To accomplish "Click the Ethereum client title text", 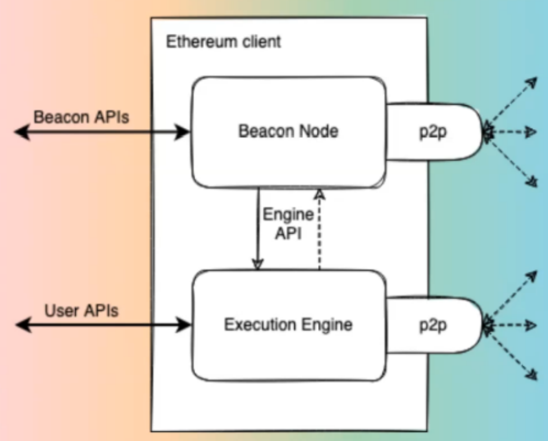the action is (223, 42).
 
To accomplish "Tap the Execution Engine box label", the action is (288, 325).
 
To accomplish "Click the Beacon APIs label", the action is (81, 117).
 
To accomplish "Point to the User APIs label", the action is (82, 311).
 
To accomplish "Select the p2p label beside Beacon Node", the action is (433, 132).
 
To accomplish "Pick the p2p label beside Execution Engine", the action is (433, 326).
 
